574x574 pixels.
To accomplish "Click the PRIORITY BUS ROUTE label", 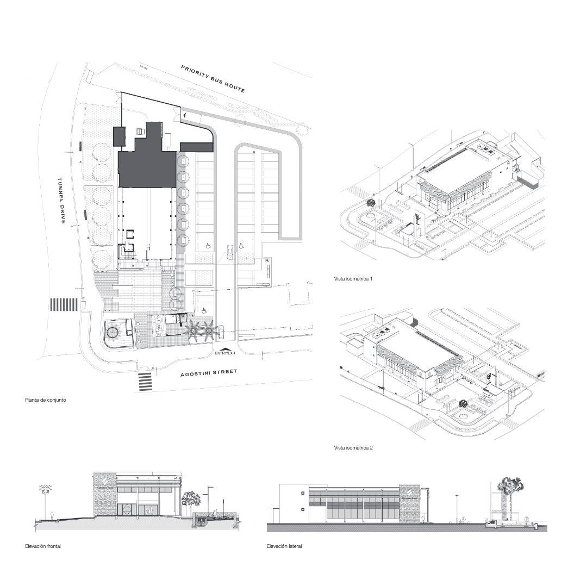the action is click(x=213, y=79).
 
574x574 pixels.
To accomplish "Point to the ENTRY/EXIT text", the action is click(x=226, y=353).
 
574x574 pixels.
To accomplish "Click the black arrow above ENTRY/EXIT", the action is click(x=225, y=348).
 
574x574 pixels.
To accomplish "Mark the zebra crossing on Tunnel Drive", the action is click(x=64, y=304).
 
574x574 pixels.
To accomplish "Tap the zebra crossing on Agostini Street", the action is click(x=145, y=381).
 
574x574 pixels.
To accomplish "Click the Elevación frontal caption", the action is click(x=43, y=546).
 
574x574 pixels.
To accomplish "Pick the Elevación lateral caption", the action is click(x=284, y=546).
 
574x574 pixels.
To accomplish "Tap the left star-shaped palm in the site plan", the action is click(x=193, y=330).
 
